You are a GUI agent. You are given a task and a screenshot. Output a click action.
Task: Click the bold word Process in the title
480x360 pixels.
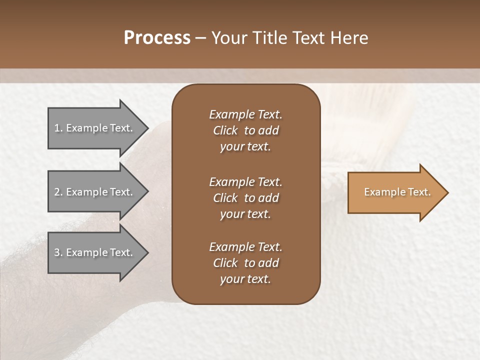pyautogui.click(x=157, y=38)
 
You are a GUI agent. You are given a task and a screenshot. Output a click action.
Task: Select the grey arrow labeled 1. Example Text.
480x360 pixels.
pyautogui.click(x=95, y=128)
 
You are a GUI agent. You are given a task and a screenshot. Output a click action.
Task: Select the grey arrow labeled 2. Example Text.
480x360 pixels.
pyautogui.click(x=95, y=192)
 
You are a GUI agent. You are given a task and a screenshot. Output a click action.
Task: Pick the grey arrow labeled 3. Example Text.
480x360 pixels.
pyautogui.click(x=95, y=252)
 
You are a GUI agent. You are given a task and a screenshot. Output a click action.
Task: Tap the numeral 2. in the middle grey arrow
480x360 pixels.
pyautogui.click(x=58, y=192)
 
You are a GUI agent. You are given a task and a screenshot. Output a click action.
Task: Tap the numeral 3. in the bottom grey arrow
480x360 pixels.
pyautogui.click(x=58, y=252)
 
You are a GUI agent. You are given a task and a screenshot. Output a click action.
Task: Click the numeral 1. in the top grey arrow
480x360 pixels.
pyautogui.click(x=58, y=128)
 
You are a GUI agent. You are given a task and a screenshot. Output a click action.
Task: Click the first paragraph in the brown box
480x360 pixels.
pyautogui.click(x=245, y=130)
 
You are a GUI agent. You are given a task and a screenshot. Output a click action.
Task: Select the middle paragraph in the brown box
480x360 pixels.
pyautogui.click(x=245, y=198)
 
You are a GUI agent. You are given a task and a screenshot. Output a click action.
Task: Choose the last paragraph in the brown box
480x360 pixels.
pyautogui.click(x=245, y=263)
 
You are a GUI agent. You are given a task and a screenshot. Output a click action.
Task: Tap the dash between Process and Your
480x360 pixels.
pyautogui.click(x=200, y=38)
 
